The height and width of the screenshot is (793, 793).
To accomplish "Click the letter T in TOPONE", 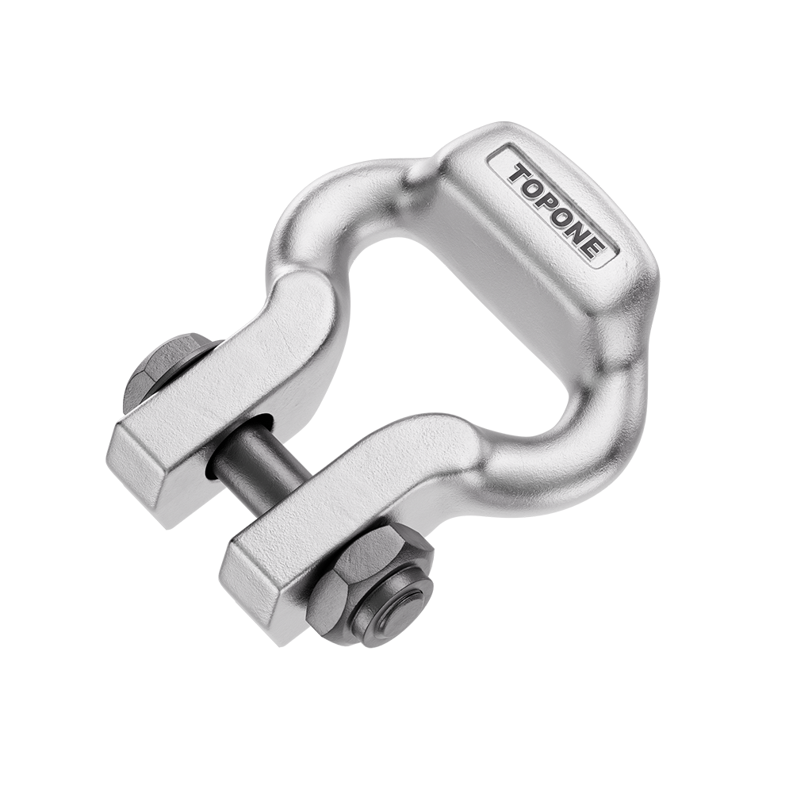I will coord(519,174).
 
